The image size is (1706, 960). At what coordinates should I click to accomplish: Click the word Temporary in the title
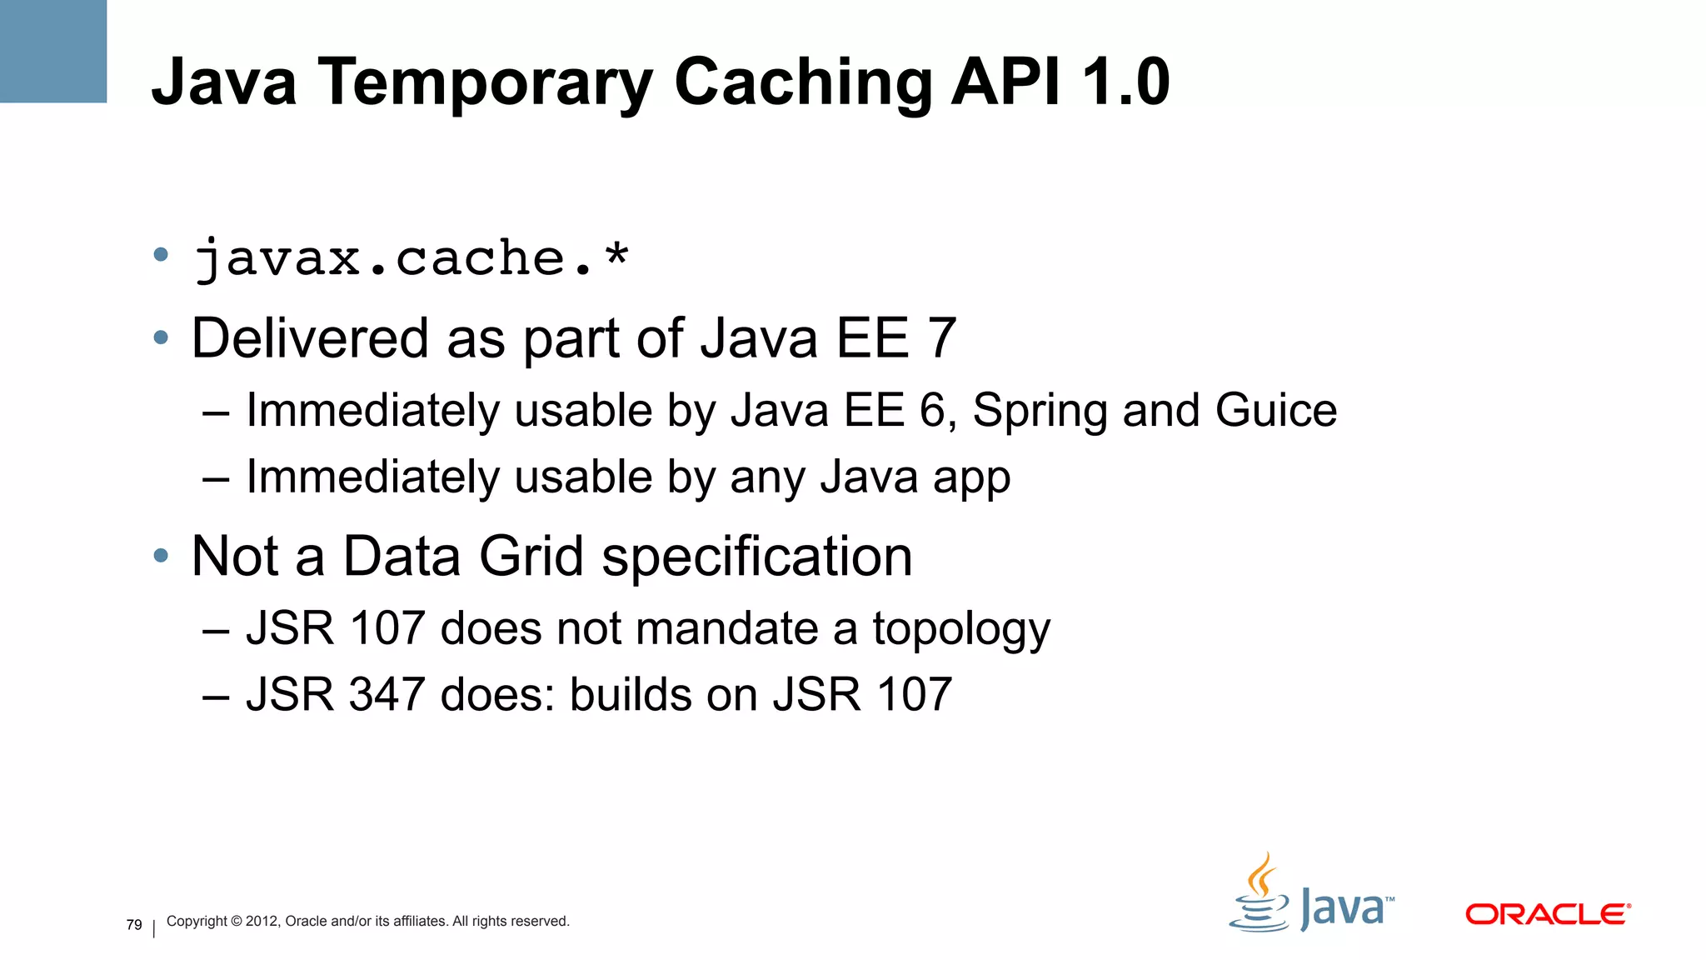(x=486, y=83)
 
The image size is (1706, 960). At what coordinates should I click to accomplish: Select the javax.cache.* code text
(x=412, y=258)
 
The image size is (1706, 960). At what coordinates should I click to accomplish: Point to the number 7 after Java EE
(x=941, y=338)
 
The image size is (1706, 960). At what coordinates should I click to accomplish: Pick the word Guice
(x=1275, y=410)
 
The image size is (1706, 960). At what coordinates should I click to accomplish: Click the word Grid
(x=531, y=556)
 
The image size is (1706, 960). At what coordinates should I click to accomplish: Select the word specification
(x=756, y=557)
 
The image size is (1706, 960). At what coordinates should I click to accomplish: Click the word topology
(x=961, y=630)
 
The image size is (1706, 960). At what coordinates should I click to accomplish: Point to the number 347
(x=387, y=694)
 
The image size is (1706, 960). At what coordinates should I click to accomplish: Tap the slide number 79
(x=134, y=925)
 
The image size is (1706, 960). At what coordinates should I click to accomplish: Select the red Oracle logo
(x=1547, y=914)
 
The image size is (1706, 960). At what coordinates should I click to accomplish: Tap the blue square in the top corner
(x=53, y=51)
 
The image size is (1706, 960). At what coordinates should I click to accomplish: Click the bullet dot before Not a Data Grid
(x=161, y=556)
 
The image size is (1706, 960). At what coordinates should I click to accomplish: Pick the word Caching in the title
(x=803, y=83)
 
